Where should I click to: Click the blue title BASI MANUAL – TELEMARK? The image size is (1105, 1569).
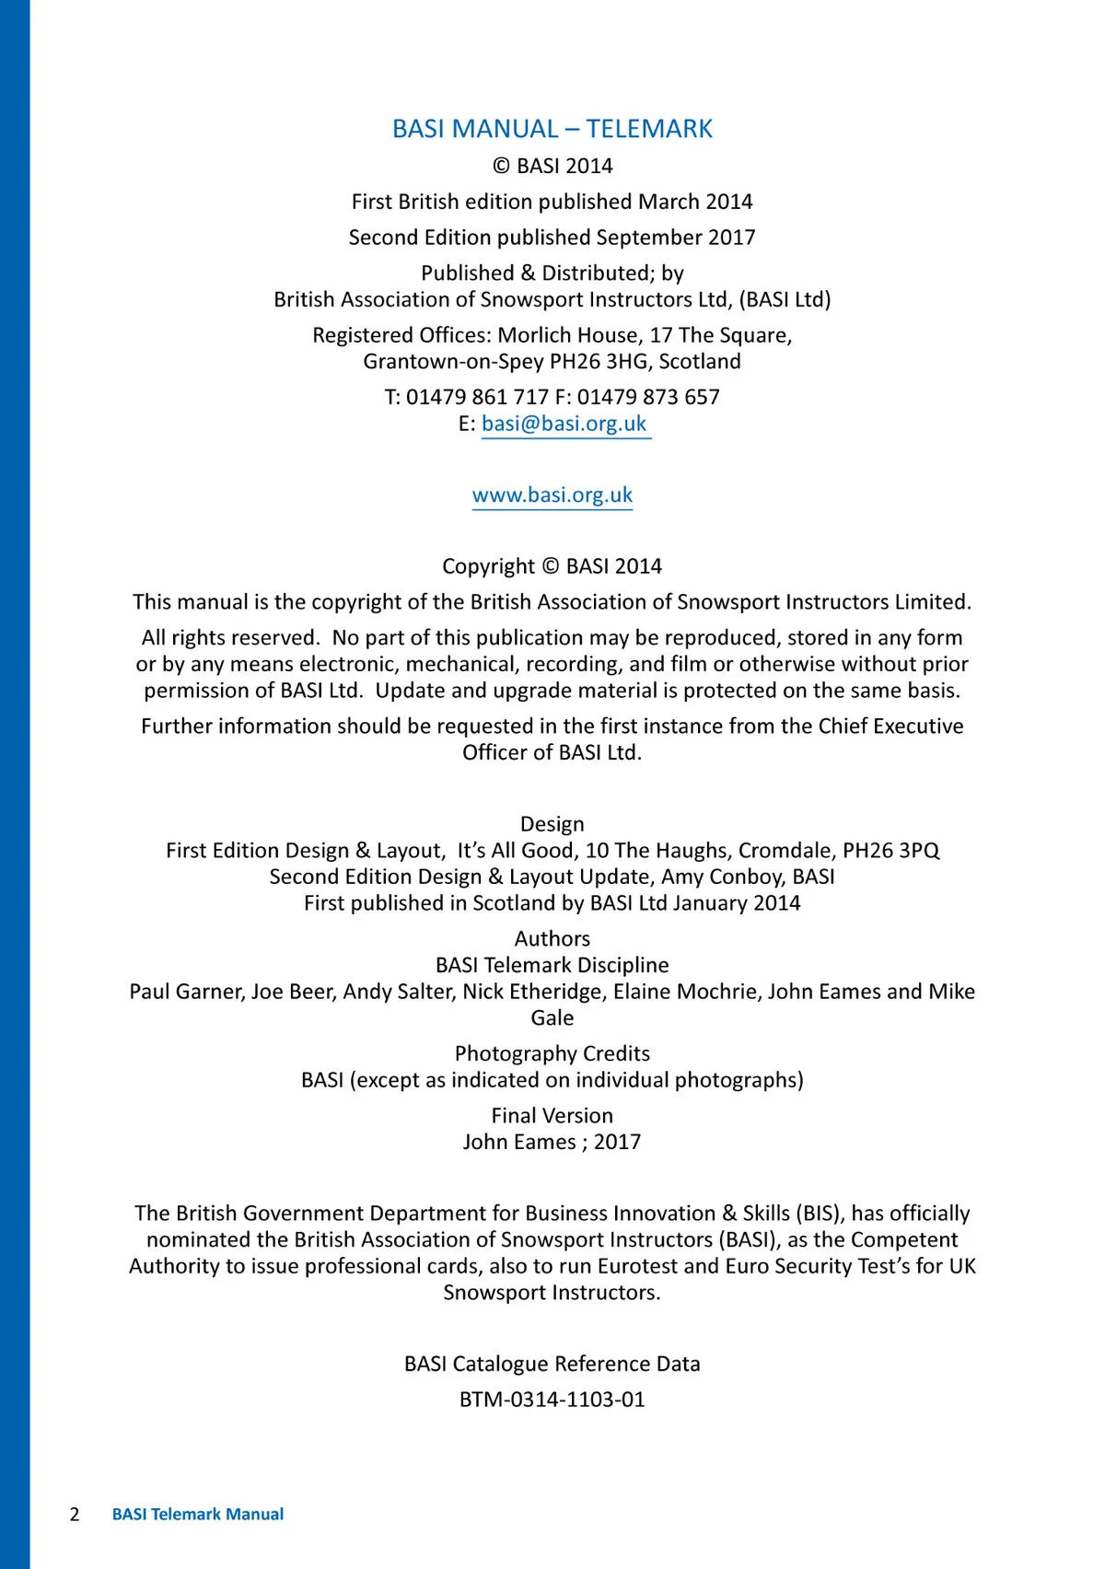click(552, 129)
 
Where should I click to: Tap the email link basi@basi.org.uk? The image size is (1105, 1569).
click(564, 424)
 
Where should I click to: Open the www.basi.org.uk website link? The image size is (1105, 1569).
click(552, 495)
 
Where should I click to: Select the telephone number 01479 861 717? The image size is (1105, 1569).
click(477, 397)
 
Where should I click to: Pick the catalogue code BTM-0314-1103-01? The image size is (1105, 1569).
click(552, 1400)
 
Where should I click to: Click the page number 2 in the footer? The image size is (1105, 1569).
click(75, 1515)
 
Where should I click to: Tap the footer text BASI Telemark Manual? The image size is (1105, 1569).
click(198, 1515)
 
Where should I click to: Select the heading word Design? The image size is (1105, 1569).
click(552, 824)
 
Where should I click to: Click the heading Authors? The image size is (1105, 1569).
click(552, 939)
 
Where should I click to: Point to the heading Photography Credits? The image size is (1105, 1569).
click(552, 1053)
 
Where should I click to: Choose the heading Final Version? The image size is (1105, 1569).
click(552, 1116)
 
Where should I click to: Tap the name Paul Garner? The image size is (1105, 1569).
click(186, 992)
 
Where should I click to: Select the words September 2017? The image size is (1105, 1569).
click(676, 238)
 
